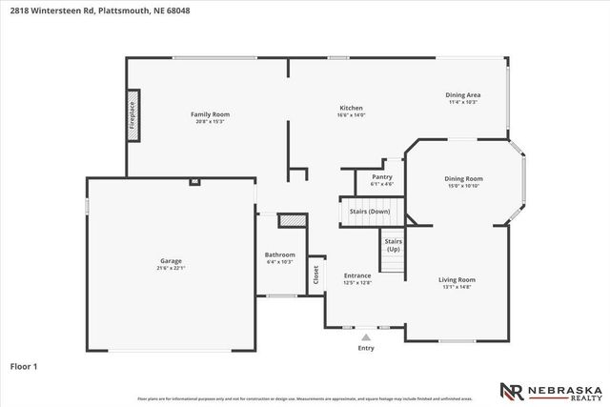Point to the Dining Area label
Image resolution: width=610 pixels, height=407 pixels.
(x=462, y=95)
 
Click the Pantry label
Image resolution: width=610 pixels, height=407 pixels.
(x=381, y=176)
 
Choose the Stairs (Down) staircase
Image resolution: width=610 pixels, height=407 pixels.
(x=367, y=212)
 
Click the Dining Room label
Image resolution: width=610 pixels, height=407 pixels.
(x=463, y=178)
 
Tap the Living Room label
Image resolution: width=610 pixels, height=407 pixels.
(x=457, y=279)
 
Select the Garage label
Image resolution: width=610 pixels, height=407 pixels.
(x=171, y=261)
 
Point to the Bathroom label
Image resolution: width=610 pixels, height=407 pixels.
(x=279, y=254)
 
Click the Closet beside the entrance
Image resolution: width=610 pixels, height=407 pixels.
(x=315, y=275)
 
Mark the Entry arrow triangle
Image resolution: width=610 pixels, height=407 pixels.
(x=365, y=336)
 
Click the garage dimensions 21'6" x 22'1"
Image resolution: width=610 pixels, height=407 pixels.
(x=171, y=268)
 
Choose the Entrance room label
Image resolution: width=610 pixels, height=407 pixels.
(x=356, y=275)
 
